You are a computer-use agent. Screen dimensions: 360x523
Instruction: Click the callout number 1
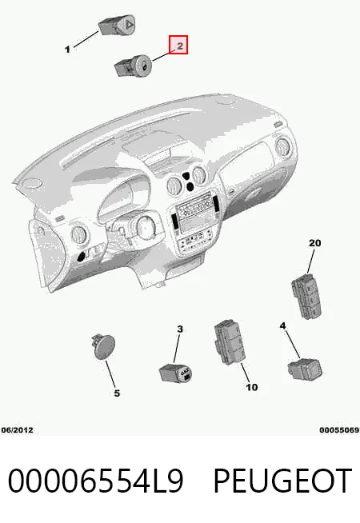click(x=68, y=50)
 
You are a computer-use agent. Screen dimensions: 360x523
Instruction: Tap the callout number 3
click(x=180, y=329)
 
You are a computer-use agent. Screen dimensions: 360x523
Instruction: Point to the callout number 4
click(x=283, y=325)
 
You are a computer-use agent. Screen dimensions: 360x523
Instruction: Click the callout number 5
click(x=117, y=393)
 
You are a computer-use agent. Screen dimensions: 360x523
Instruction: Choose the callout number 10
click(x=252, y=387)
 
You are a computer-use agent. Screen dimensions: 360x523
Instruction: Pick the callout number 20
click(x=314, y=243)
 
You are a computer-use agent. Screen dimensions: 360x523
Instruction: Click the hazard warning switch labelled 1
click(x=117, y=25)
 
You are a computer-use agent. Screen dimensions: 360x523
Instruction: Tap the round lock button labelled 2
click(x=133, y=65)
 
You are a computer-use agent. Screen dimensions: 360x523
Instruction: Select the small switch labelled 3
click(x=175, y=373)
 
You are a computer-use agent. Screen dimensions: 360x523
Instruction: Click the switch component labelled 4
click(x=305, y=369)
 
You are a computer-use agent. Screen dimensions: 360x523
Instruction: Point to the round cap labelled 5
click(x=103, y=346)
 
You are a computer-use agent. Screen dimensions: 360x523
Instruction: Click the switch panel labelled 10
click(x=230, y=342)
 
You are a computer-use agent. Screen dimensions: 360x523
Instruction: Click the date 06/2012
click(x=18, y=430)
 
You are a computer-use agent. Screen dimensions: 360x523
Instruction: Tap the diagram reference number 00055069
click(x=339, y=430)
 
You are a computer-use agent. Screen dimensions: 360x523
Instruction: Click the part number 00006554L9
click(x=95, y=481)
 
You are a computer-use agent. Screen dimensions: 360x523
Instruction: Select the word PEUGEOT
click(x=282, y=481)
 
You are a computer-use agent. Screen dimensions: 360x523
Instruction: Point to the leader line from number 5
click(x=110, y=373)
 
